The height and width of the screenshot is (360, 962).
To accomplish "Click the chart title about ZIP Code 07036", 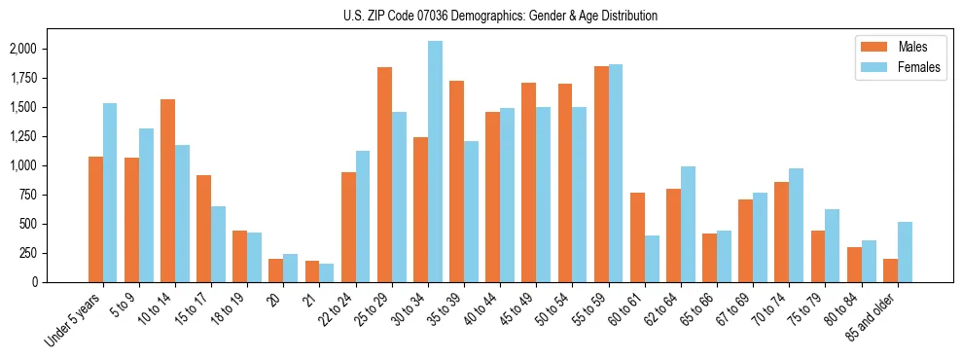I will point(500,16).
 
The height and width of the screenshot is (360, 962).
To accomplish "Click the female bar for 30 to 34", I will point(435,162).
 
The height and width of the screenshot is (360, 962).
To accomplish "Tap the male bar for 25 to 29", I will point(384,175).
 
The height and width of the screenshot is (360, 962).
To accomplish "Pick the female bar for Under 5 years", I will point(110,193).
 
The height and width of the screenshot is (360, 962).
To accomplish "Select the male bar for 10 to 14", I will point(167,191).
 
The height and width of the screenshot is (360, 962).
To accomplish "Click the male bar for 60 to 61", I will point(637,237).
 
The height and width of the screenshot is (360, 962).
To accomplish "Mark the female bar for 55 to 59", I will point(616,173).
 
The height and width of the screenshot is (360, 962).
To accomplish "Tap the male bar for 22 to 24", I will point(348,227).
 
